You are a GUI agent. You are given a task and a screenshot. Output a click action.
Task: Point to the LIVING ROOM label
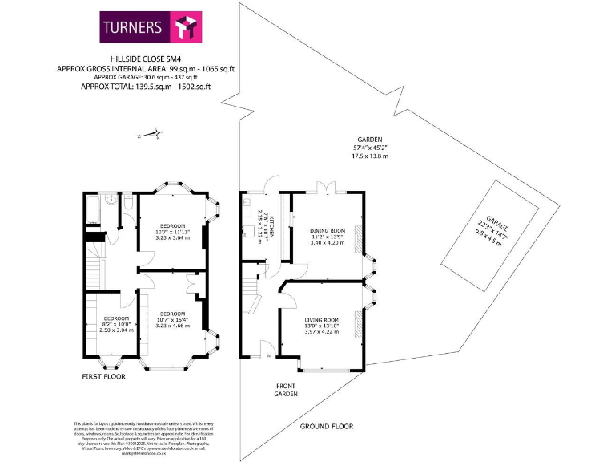(320, 326)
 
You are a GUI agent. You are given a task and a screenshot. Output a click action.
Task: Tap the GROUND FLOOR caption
(327, 426)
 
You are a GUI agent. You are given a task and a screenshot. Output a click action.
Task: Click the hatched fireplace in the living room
(359, 324)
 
